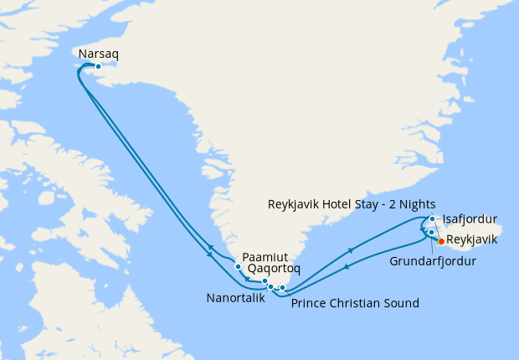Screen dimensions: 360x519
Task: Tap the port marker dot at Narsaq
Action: point(98,66)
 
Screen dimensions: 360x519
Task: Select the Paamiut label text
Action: point(264,257)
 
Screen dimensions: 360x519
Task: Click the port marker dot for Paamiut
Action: point(239,267)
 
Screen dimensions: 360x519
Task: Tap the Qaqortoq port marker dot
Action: point(265,281)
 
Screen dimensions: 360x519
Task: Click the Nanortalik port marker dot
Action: point(270,287)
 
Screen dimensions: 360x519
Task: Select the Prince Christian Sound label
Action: point(355,303)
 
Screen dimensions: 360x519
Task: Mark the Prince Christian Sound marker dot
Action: point(283,288)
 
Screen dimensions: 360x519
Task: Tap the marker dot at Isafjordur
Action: point(432,219)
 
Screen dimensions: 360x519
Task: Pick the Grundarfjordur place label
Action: point(434,261)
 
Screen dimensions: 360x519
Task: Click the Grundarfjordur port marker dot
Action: point(431,232)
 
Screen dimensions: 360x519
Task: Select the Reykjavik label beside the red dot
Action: point(473,240)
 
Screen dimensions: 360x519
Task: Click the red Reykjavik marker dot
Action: point(441,241)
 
